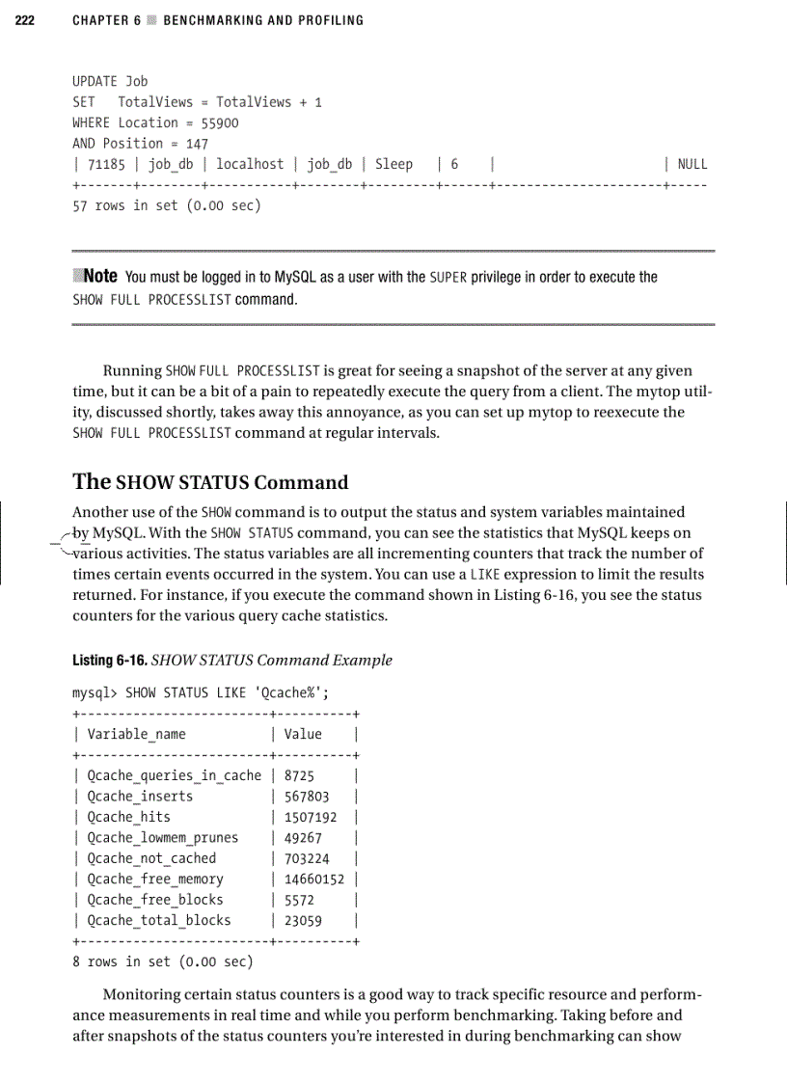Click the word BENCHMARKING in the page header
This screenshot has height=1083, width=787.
208,20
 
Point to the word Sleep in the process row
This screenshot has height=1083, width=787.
393,164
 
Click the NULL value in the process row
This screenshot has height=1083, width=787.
692,164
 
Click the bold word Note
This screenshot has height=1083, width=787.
99,277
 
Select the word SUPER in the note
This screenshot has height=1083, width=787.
448,278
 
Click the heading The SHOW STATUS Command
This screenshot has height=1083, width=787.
210,482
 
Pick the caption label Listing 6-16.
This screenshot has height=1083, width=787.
110,661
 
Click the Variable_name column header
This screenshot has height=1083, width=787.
136,734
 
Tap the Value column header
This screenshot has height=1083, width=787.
303,734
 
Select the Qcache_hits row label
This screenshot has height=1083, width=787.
128,817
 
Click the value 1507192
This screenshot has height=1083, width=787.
311,817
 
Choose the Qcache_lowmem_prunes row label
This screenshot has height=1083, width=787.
162,837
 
